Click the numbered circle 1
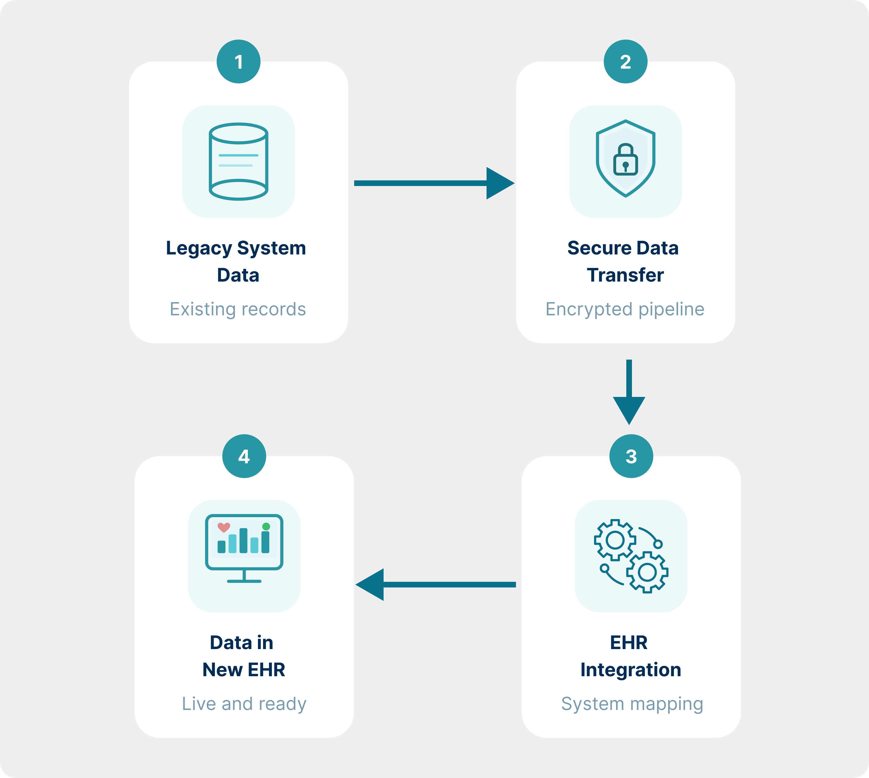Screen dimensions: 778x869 (239, 62)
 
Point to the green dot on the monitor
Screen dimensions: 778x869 (266, 526)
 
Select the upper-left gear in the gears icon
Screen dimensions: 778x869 (615, 540)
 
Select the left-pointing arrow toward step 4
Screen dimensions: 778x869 (436, 584)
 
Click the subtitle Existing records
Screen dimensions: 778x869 (238, 309)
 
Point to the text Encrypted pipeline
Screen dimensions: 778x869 (625, 309)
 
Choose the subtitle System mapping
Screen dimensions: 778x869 (632, 704)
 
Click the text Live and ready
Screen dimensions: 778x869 (244, 704)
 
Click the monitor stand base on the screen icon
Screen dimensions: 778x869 (244, 581)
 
